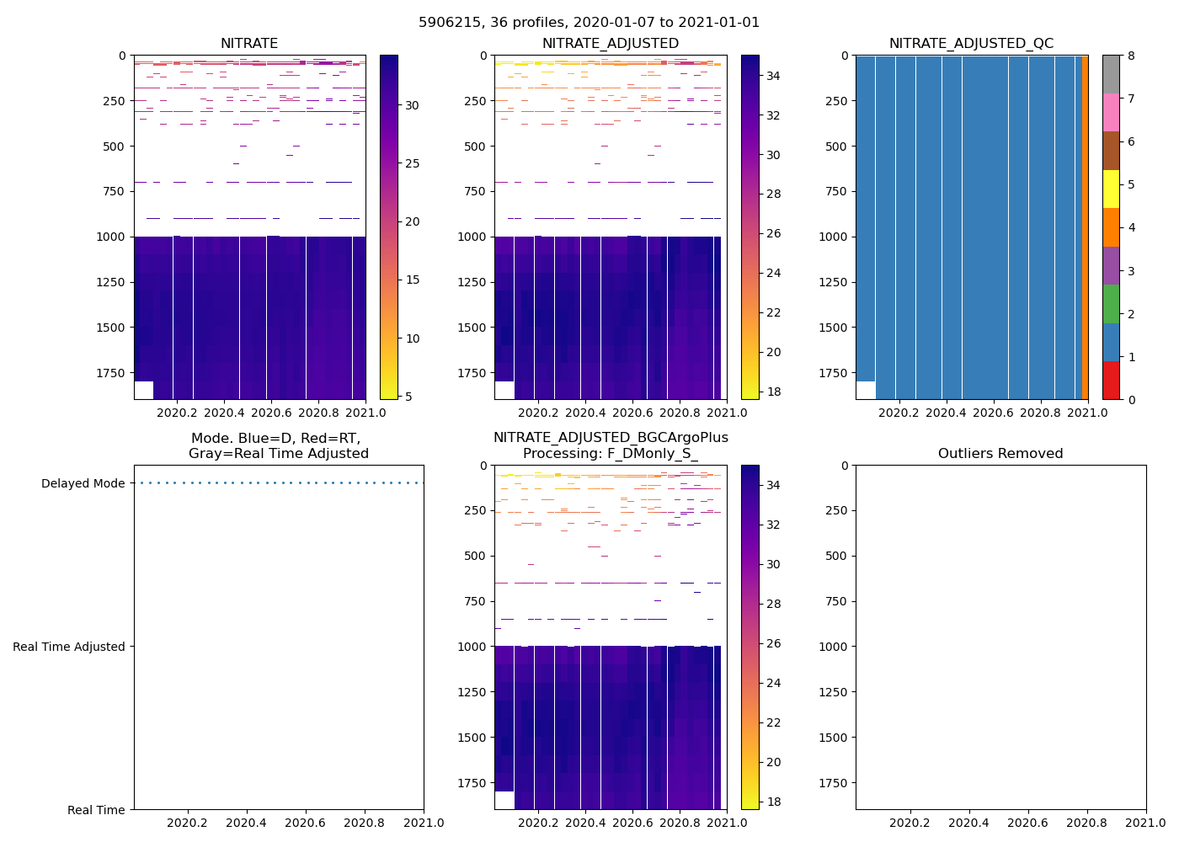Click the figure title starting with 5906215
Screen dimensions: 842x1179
589,23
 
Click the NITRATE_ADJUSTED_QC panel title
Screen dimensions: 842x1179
971,44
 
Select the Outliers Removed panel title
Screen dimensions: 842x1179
1000,454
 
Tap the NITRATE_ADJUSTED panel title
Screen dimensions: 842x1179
610,44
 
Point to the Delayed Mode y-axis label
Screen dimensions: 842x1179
83,483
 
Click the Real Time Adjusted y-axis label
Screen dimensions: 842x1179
69,647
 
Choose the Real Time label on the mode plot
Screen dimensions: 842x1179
96,810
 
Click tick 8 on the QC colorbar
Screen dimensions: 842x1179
1131,56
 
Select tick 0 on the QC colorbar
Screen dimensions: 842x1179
1131,400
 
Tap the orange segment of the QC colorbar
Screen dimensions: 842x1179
1111,227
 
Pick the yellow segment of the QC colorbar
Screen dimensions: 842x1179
1111,189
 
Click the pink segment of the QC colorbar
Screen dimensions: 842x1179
1111,113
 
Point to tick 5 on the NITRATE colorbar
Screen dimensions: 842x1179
413,397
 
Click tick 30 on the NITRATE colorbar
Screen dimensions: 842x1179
413,105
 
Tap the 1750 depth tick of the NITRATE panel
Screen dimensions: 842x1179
111,373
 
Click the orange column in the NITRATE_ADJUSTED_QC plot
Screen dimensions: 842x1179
1085,227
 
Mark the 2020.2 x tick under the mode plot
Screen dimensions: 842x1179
187,823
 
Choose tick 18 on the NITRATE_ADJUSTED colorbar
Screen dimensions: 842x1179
773,392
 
